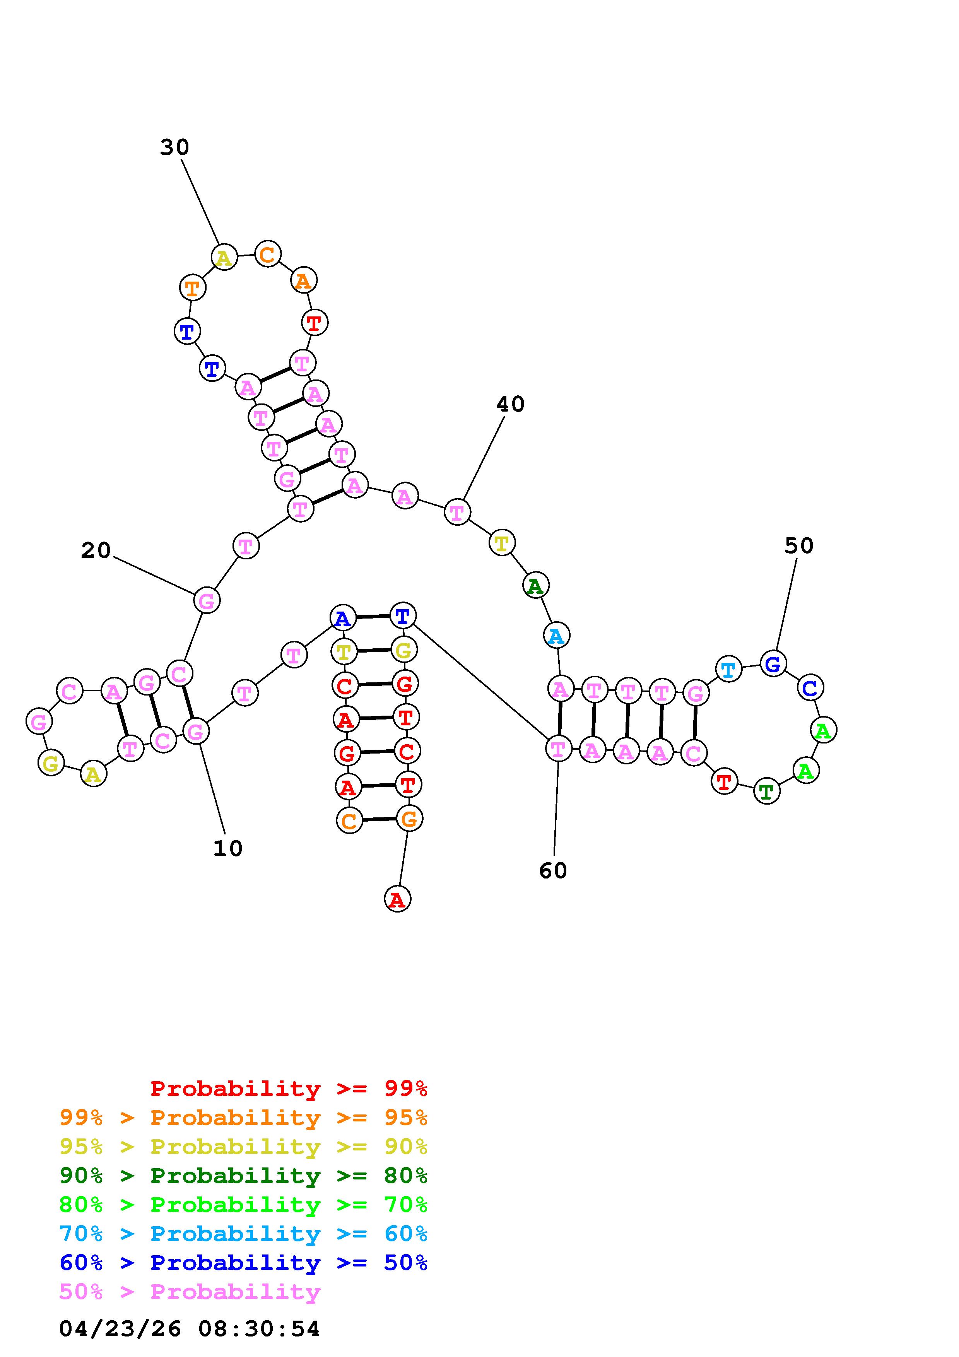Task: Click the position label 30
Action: (x=174, y=147)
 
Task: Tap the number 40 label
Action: (x=510, y=404)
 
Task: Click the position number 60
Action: (x=553, y=871)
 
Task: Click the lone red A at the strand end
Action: (x=397, y=899)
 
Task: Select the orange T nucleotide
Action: (x=192, y=289)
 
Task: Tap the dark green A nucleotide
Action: (x=535, y=586)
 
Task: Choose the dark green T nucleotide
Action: (x=766, y=791)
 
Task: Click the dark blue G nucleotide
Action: (x=773, y=664)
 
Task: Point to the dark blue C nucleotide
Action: (x=810, y=687)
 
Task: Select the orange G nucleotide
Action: (x=409, y=819)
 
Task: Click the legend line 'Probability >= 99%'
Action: (x=289, y=1089)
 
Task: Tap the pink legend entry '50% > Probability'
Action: (x=190, y=1292)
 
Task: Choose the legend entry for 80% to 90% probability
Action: (x=243, y=1176)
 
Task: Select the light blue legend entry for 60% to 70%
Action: (x=243, y=1234)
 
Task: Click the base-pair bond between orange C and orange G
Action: (x=379, y=820)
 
